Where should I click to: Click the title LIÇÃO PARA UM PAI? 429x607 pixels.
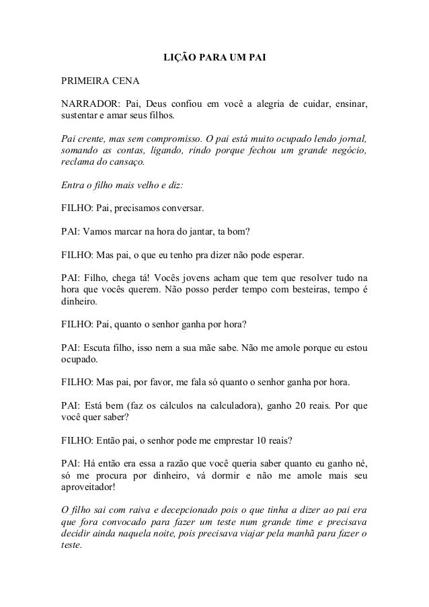[x=215, y=58]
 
